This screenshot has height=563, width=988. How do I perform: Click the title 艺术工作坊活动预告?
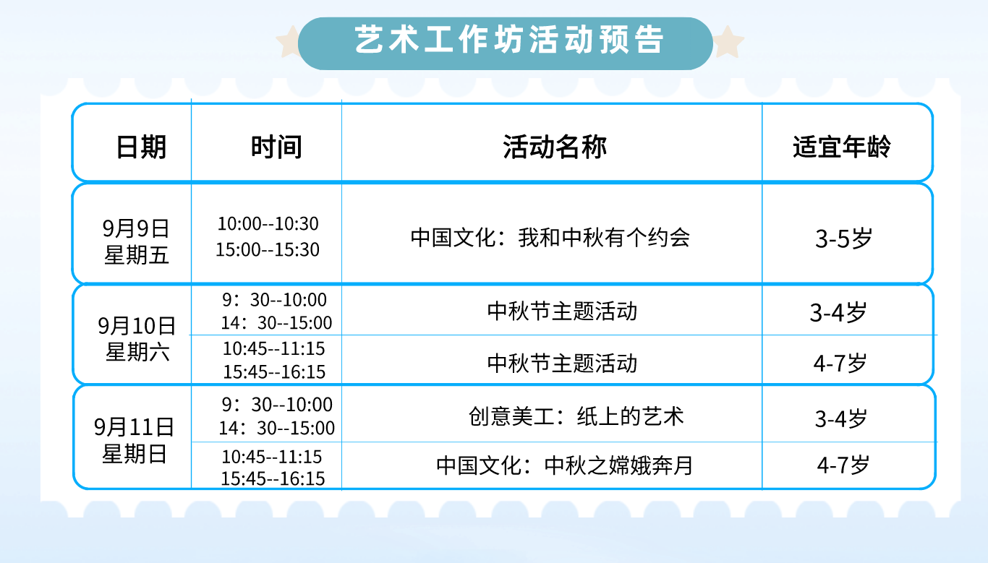tap(509, 40)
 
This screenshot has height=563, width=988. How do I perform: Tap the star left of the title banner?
tap(289, 42)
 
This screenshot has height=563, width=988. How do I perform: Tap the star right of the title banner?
tap(728, 42)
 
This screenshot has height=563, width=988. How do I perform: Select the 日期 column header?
tap(141, 147)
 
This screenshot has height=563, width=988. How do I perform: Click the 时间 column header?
tap(276, 147)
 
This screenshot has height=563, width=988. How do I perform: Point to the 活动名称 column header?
tap(555, 147)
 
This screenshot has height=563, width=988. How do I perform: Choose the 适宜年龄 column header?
tap(842, 147)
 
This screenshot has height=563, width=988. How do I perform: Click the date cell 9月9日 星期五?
tap(136, 241)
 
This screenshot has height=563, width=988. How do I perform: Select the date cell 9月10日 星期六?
tap(137, 338)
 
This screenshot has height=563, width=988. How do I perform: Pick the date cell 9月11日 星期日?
tap(135, 440)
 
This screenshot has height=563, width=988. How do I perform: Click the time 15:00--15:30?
tap(268, 249)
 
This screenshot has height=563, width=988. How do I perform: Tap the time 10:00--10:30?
tap(268, 223)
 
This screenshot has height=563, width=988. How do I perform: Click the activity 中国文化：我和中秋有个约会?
tap(550, 238)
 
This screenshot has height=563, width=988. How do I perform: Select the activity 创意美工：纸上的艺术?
tap(576, 416)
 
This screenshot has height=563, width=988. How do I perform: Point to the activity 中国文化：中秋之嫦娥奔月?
tap(565, 465)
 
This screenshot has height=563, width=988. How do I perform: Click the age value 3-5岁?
tap(843, 238)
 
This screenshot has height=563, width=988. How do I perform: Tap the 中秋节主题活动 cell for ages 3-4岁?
tap(563, 311)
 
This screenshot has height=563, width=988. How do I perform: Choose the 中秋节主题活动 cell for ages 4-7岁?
tap(563, 364)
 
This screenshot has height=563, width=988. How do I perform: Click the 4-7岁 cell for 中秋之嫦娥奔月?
tap(843, 465)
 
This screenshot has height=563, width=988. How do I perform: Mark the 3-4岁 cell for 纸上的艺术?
tap(840, 418)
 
